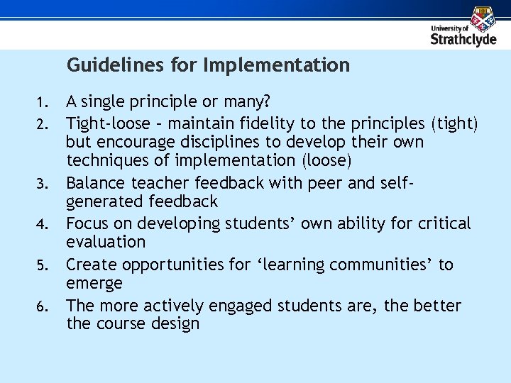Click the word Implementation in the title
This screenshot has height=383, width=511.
point(276,66)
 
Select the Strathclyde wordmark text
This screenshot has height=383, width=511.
point(463,39)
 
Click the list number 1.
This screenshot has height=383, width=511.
point(44,104)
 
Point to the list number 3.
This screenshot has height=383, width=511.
point(44,185)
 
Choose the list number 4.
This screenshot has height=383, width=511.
point(44,226)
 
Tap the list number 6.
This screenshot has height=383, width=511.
point(44,308)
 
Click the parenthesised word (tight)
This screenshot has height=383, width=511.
point(455,123)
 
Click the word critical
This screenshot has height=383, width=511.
point(444,223)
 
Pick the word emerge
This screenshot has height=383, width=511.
point(94,284)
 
